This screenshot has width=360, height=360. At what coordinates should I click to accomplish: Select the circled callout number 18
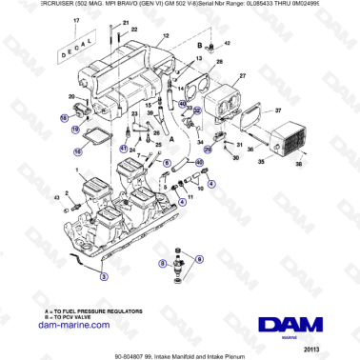click(x=65, y=118)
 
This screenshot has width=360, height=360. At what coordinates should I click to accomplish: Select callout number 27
click(x=241, y=73)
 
